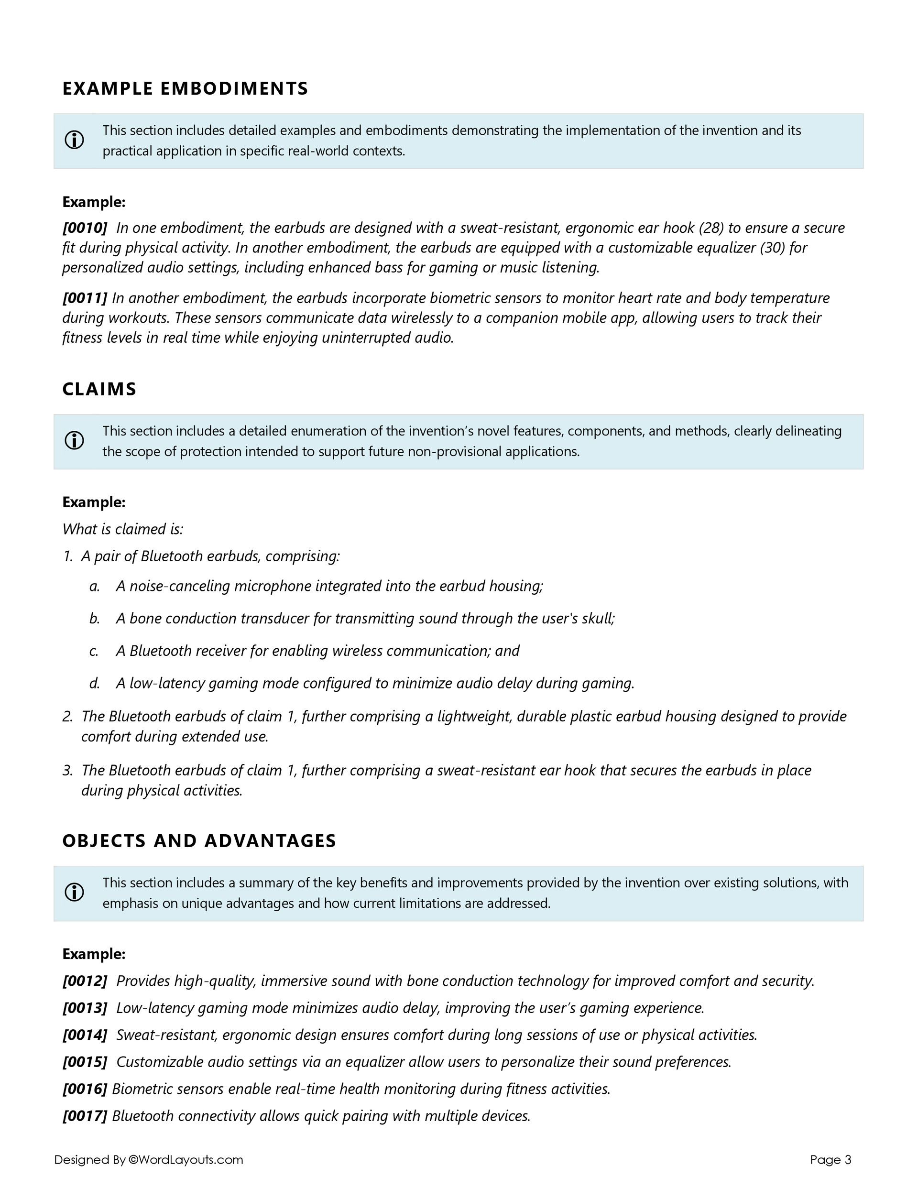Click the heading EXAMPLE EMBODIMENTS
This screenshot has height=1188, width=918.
click(185, 88)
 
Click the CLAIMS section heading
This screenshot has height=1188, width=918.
click(99, 389)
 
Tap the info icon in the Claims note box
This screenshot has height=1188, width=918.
click(75, 441)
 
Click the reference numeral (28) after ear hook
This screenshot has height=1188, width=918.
click(710, 228)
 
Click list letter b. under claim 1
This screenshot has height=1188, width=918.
click(95, 619)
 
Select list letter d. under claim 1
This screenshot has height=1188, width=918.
click(95, 683)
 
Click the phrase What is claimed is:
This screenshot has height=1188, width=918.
click(123, 529)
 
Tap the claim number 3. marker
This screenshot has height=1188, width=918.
click(67, 770)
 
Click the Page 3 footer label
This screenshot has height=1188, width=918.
click(830, 1160)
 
